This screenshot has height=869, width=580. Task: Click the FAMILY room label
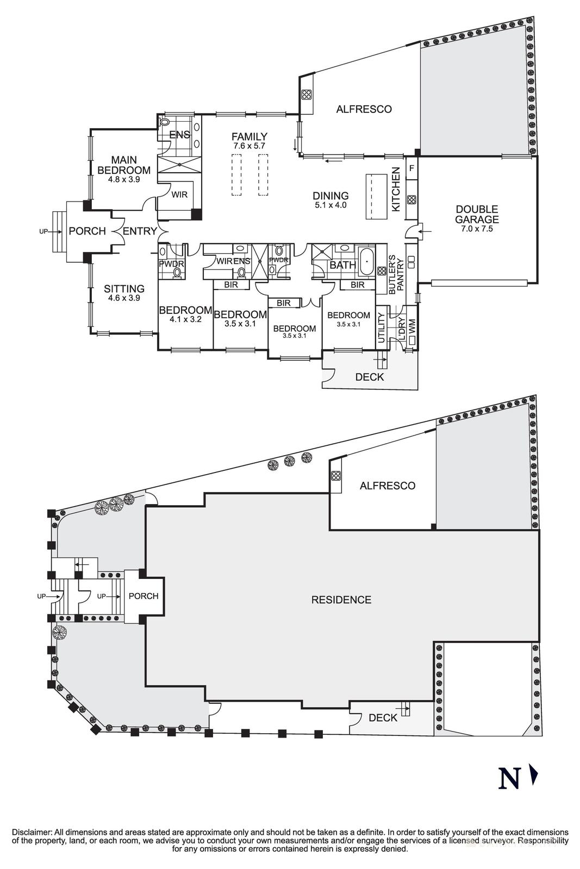pyautogui.click(x=249, y=137)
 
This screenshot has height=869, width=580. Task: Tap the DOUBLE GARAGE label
pyautogui.click(x=477, y=215)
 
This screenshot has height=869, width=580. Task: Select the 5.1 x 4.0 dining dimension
pyautogui.click(x=330, y=206)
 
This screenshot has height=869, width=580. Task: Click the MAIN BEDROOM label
pyautogui.click(x=124, y=165)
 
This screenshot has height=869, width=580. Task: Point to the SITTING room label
pyautogui.click(x=124, y=289)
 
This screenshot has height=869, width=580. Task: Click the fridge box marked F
pyautogui.click(x=411, y=168)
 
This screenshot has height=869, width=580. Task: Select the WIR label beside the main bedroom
pyautogui.click(x=179, y=194)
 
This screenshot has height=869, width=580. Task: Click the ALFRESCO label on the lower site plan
pyautogui.click(x=388, y=486)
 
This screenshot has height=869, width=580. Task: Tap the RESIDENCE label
pyautogui.click(x=341, y=600)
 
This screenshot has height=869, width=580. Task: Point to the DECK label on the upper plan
pyautogui.click(x=369, y=377)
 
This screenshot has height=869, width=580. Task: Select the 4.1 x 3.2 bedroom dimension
pyautogui.click(x=185, y=320)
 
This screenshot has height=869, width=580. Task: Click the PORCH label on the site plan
pyautogui.click(x=144, y=596)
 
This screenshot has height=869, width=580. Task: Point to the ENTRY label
pyautogui.click(x=140, y=231)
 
